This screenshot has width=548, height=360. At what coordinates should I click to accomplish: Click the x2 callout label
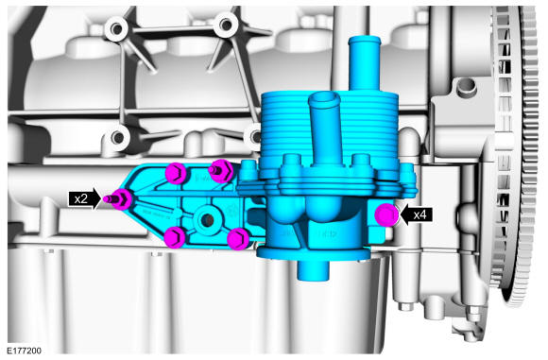[x=80, y=198]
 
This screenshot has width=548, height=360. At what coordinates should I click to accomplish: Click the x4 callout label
[x=420, y=214]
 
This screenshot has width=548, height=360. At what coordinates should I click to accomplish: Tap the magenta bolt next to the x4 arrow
[x=386, y=215]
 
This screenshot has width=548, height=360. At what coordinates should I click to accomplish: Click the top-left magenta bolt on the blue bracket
[x=176, y=173]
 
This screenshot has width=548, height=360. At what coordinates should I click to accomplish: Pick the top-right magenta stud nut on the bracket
[x=220, y=171]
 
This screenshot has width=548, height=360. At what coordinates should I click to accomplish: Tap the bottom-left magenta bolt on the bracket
[x=176, y=237]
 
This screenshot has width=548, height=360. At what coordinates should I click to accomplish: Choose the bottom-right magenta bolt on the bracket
[x=238, y=239]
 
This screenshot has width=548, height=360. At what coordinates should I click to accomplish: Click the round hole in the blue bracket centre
[x=207, y=219]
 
